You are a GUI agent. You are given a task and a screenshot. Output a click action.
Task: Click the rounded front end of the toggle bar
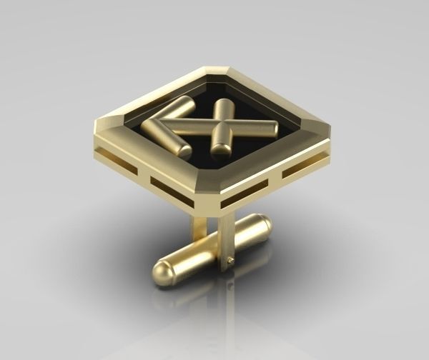tap(164, 274)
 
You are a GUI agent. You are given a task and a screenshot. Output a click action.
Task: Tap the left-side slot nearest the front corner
tap(169, 189)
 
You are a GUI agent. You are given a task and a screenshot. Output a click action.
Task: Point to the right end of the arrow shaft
tap(272, 129)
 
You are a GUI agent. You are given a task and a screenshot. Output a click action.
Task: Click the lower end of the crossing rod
tap(221, 149)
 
